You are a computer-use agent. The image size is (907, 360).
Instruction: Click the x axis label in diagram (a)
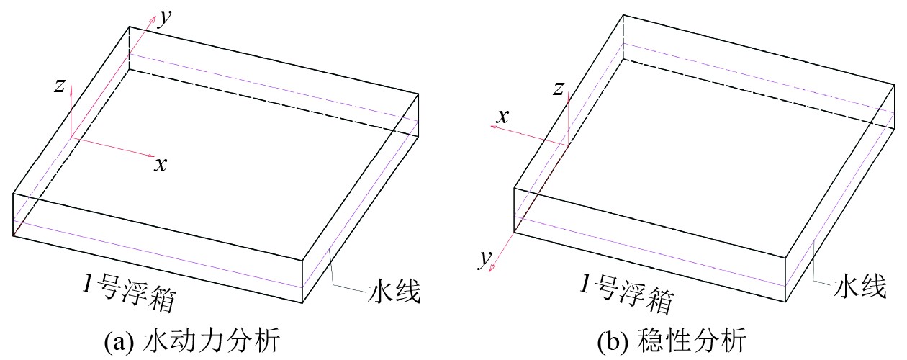click(x=161, y=165)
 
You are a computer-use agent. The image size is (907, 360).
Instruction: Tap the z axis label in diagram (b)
click(x=557, y=89)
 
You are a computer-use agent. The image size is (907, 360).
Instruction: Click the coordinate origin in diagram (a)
click(x=71, y=138)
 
